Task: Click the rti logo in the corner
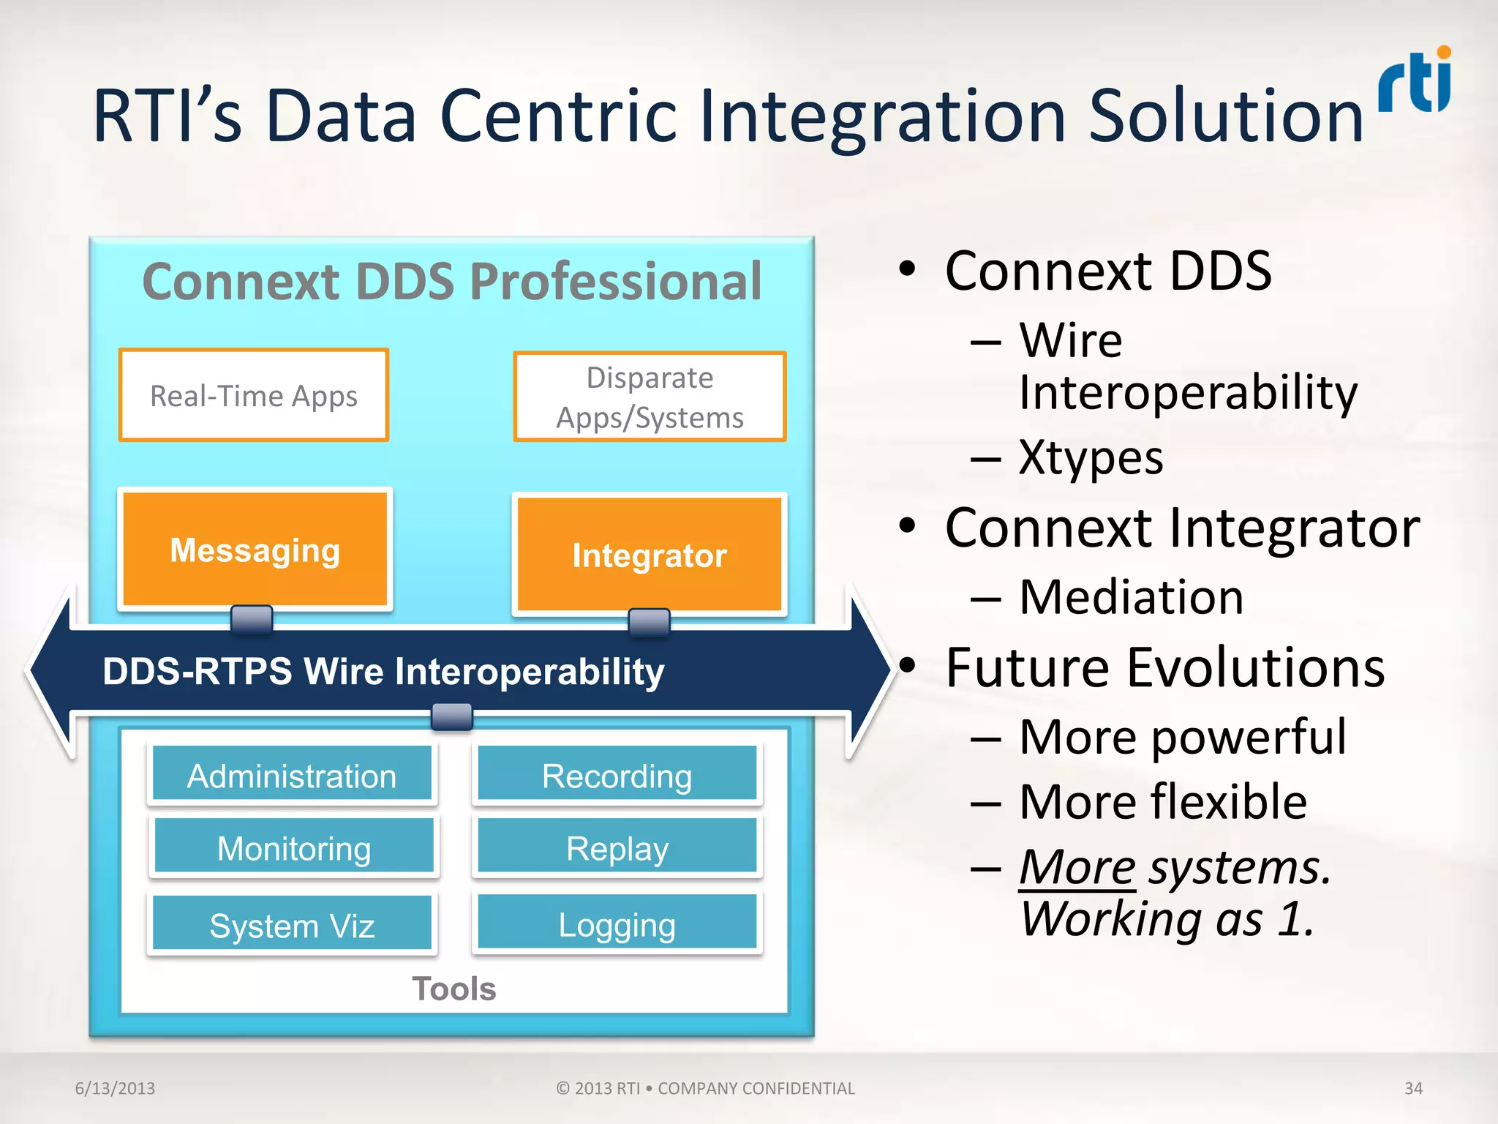coord(1415,80)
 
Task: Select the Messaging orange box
coord(255,550)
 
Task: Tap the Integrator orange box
coord(650,555)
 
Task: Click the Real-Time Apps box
coord(254,396)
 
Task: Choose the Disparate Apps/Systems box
coord(650,397)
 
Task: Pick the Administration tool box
coord(292,775)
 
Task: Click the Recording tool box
coord(617,775)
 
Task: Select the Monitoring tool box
coord(294,847)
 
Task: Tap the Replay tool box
coord(617,847)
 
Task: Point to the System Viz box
coord(292,924)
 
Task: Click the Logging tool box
coord(617,923)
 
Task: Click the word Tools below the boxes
coord(453,989)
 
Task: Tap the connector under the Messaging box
coord(252,619)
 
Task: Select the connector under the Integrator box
coord(650,623)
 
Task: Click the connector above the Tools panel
coord(451,716)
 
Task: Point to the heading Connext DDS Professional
coord(451,282)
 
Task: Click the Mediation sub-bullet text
coord(1131,597)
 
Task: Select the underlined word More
coord(1077,868)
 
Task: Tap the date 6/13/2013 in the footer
coord(115,1088)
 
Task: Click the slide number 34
coord(1413,1088)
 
